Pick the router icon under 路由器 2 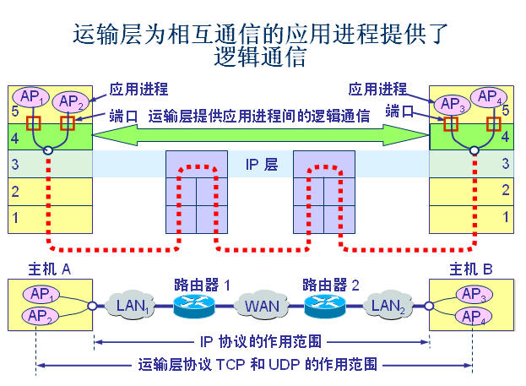click(x=326, y=306)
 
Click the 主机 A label click(x=41, y=270)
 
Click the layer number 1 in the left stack click(x=14, y=217)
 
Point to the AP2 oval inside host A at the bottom click(x=40, y=316)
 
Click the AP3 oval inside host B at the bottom click(x=471, y=295)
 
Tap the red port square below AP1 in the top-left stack click(x=35, y=123)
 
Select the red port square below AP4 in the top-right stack click(x=494, y=123)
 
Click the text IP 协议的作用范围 click(x=263, y=343)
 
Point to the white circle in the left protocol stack click(x=48, y=151)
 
